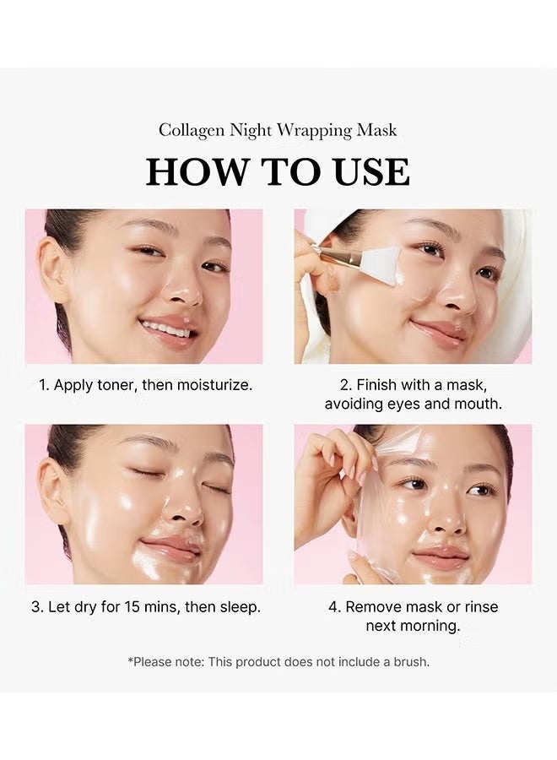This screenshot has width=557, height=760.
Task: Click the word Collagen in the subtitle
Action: (188, 130)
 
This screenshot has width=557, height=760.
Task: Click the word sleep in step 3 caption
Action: (240, 606)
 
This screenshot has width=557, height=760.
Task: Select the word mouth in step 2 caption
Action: (479, 404)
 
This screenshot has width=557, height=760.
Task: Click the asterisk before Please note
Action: (130, 660)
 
